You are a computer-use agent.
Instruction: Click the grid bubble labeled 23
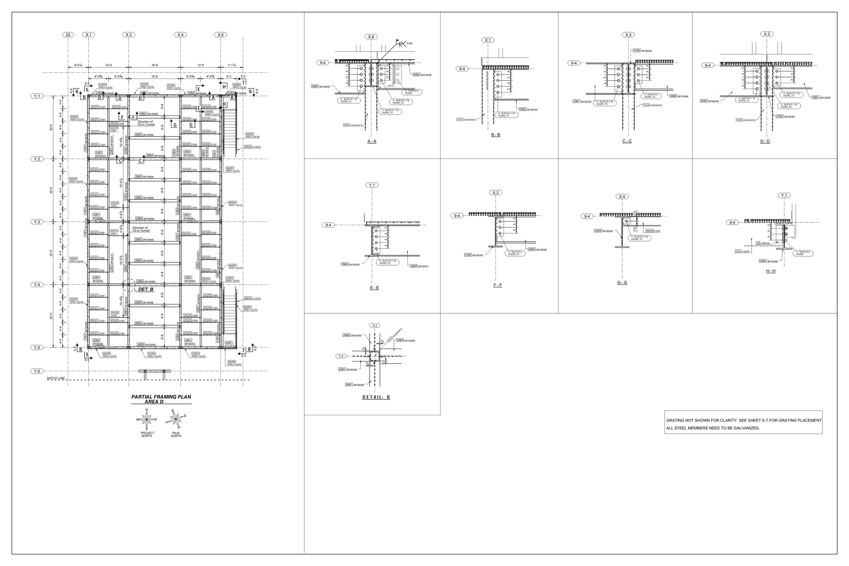tap(68, 35)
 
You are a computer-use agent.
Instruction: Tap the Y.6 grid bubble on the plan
tap(37, 371)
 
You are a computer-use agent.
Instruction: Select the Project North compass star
tap(147, 419)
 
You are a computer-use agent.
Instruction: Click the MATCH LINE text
tap(56, 378)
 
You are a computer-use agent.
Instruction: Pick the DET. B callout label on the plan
tap(146, 290)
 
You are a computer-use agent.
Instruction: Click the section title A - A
tap(372, 141)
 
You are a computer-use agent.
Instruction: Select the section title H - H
tap(771, 271)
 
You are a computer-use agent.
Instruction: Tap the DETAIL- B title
tap(376, 397)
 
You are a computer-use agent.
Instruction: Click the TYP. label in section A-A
tap(410, 44)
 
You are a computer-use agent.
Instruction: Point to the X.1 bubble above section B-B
tap(488, 40)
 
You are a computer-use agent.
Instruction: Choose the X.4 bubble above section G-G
tap(622, 197)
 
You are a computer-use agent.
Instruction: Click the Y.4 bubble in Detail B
tap(341, 356)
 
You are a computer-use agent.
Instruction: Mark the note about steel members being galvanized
tap(713, 428)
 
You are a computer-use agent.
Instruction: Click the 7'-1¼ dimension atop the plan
tap(232, 65)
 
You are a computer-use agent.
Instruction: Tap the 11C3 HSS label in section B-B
tap(466, 120)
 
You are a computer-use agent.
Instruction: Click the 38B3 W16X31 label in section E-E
tap(419, 266)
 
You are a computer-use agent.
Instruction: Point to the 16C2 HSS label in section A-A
tap(353, 125)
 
